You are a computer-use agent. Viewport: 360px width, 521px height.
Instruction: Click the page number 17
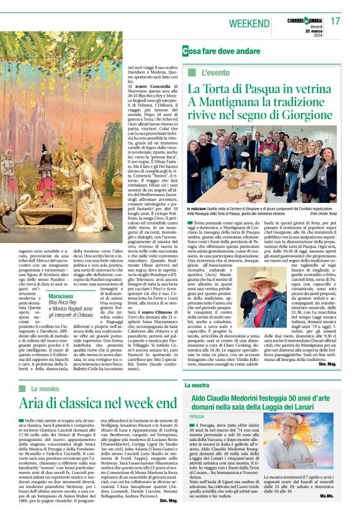point(335,21)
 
